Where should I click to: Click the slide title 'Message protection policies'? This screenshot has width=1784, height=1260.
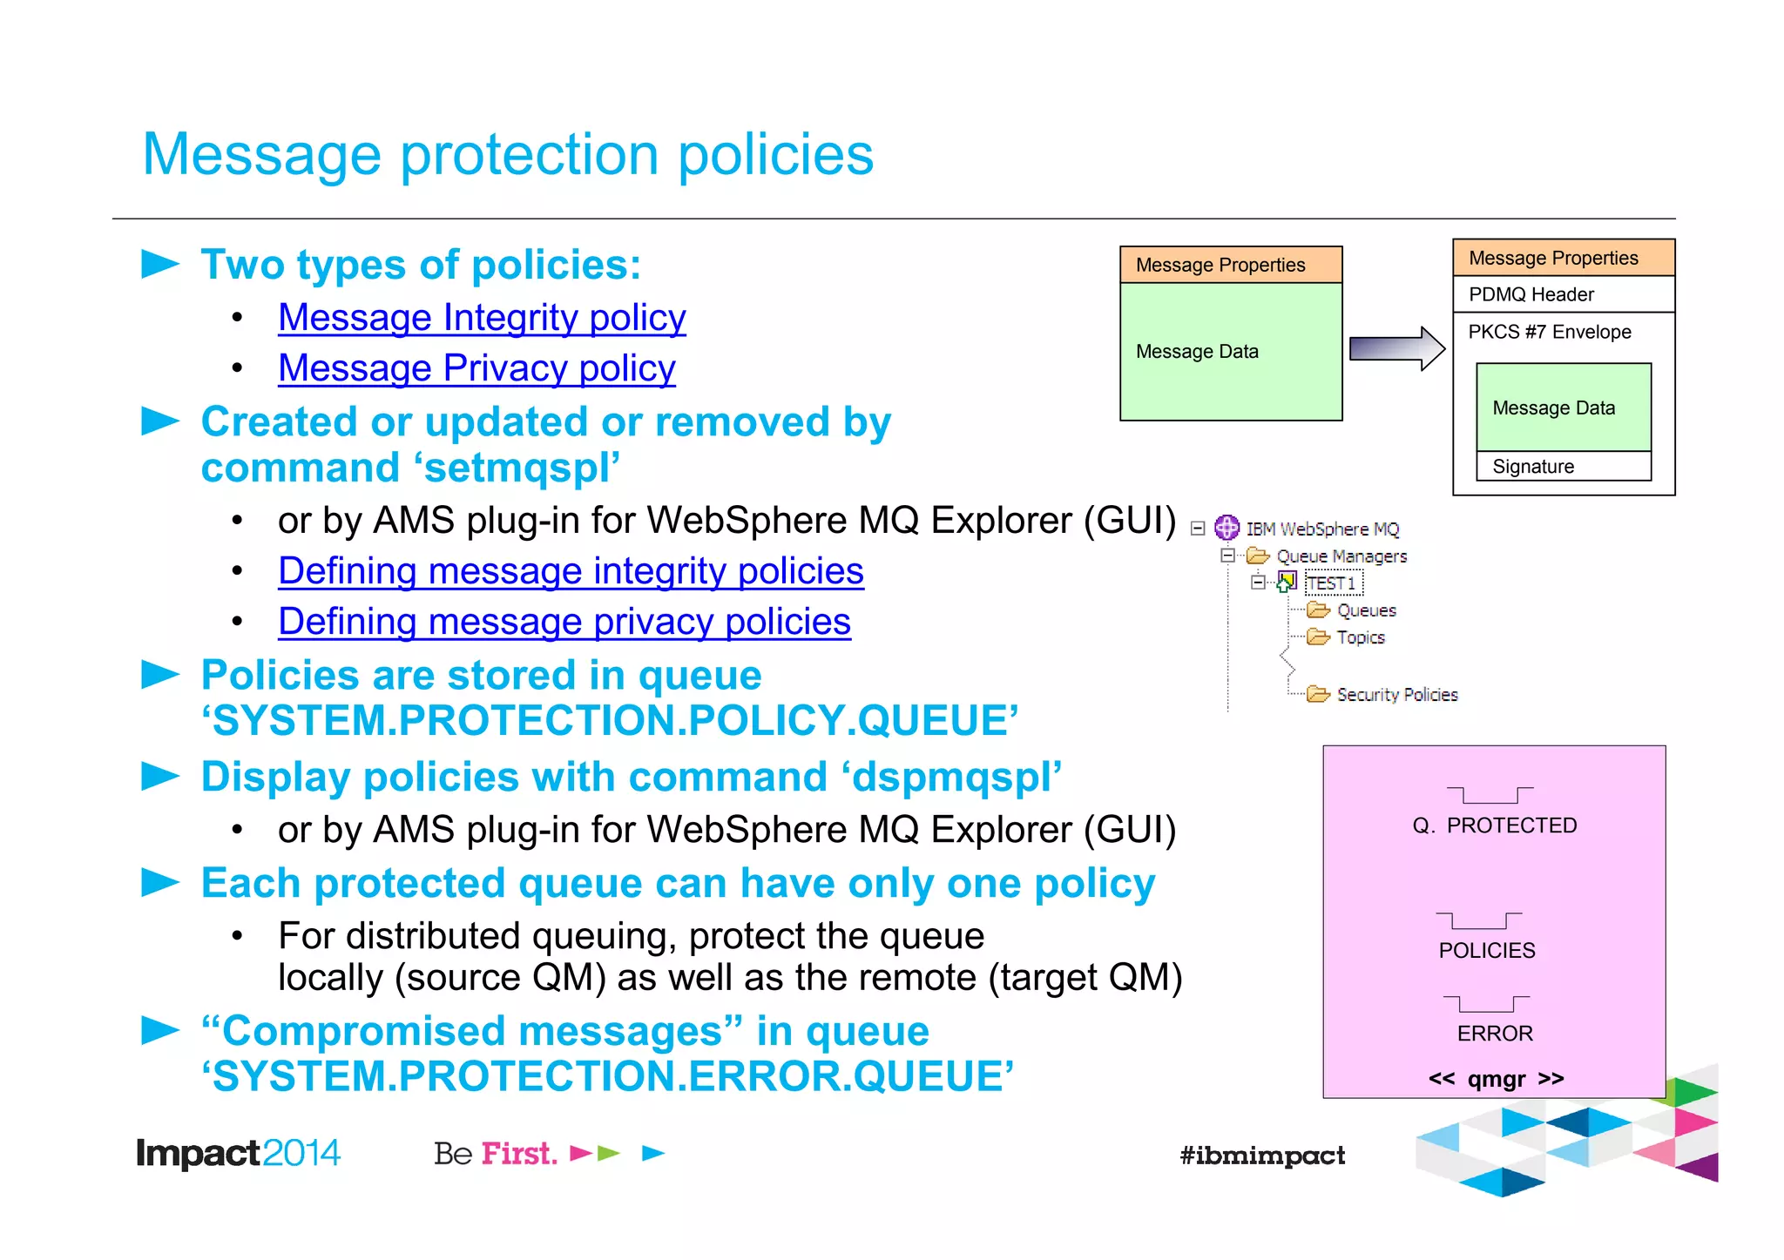[x=508, y=155]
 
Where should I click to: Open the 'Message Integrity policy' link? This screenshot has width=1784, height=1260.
[x=482, y=318]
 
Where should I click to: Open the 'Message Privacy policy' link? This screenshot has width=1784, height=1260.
[x=476, y=368]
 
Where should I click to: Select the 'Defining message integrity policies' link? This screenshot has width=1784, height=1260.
[x=571, y=572]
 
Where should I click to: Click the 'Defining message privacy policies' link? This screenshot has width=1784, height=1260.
[x=564, y=623]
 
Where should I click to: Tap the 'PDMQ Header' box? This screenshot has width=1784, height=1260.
[x=1563, y=294]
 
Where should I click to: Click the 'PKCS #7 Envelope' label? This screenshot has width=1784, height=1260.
[x=1549, y=332]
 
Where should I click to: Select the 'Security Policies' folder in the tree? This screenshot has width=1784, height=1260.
[x=1396, y=695]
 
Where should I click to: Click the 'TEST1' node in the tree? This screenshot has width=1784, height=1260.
[x=1332, y=583]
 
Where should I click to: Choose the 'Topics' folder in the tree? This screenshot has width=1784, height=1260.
[x=1360, y=637]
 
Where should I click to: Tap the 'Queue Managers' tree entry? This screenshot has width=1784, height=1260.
[x=1341, y=556]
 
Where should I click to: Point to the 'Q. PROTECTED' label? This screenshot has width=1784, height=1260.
[x=1494, y=825]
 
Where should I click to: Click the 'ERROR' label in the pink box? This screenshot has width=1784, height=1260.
[x=1495, y=1034]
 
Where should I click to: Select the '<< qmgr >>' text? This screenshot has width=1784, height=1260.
[x=1496, y=1080]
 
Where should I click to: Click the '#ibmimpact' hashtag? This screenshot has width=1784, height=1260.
[x=1262, y=1156]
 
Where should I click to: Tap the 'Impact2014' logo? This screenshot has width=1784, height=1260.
[x=237, y=1154]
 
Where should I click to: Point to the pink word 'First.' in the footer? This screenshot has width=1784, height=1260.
[x=519, y=1154]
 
